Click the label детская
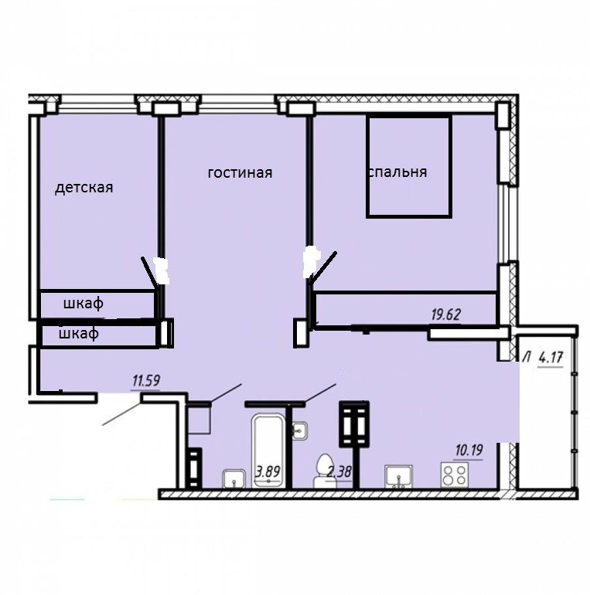[x=84, y=188]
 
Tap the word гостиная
[x=240, y=172]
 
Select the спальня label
[x=398, y=172]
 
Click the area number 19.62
[x=445, y=314]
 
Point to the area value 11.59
[x=146, y=381]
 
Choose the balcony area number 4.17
[x=551, y=358]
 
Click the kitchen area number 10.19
[x=469, y=450]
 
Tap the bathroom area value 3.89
[x=268, y=471]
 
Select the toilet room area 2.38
[x=339, y=472]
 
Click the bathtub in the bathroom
[x=268, y=450]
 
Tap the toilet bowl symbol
[x=325, y=471]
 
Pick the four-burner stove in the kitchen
[x=455, y=474]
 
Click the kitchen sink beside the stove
[x=399, y=476]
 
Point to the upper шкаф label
[x=84, y=304]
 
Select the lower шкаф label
[x=79, y=334]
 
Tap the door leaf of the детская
[x=148, y=273]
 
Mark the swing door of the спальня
[x=323, y=267]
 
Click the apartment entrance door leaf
[x=121, y=414]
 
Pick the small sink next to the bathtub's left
[x=234, y=478]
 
